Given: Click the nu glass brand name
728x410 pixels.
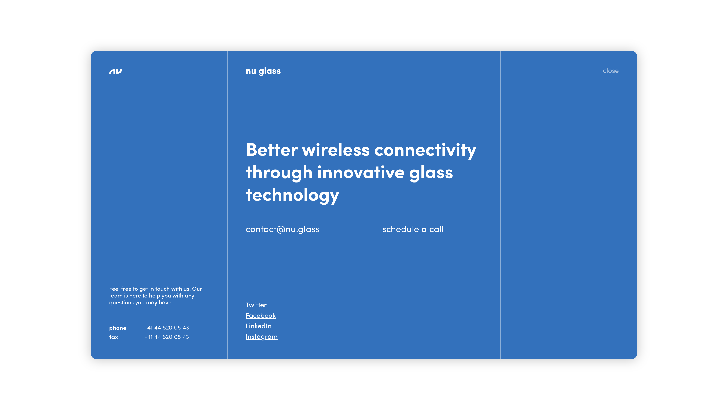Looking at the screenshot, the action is coord(263,71).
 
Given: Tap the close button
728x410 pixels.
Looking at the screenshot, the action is coord(611,71).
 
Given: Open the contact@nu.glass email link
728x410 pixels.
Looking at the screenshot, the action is coord(282,229).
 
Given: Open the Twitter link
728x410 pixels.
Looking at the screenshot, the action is coord(256,305).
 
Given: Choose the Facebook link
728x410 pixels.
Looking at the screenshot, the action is coord(260,315).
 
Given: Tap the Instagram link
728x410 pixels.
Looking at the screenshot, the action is coord(262,337).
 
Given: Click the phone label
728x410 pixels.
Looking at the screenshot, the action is coord(118,328).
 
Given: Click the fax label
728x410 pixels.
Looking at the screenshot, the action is coord(114,337).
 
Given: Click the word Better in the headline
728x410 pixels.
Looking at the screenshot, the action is coord(272,150).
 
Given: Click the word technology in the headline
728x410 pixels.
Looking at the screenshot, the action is coord(293,196).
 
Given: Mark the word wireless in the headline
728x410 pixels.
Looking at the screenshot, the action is coord(336,150).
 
